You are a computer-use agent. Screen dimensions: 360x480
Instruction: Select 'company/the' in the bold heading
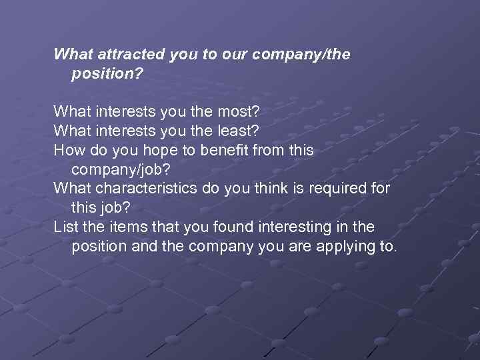click(302, 55)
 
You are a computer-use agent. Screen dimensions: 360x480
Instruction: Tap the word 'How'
click(68, 150)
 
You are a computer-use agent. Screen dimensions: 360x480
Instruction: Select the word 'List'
click(66, 227)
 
